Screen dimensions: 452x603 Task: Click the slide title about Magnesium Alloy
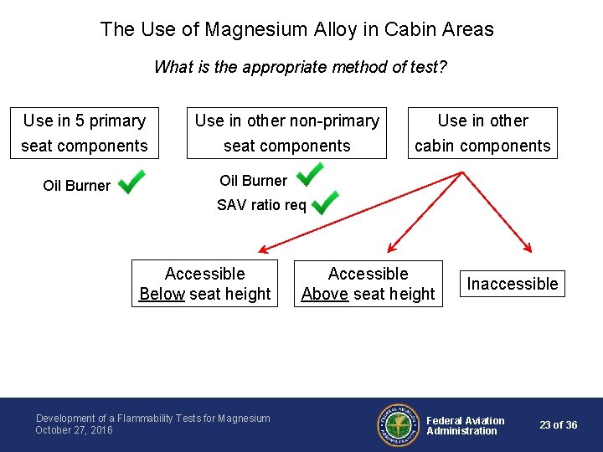[x=297, y=29]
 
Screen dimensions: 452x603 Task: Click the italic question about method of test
[x=301, y=67]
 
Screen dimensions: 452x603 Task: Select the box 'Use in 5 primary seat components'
[x=85, y=133]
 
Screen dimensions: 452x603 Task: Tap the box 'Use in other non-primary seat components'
[x=286, y=133]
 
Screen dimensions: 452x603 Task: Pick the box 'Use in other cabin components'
[x=483, y=133]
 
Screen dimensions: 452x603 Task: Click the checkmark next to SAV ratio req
[x=324, y=202]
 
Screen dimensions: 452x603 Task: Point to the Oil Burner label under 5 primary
[x=76, y=186]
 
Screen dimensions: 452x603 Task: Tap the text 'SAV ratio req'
[x=261, y=205]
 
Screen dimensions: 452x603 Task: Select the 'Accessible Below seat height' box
[x=204, y=284]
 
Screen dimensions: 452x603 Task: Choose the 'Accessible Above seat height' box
[x=368, y=284]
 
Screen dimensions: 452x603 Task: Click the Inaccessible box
[x=512, y=284]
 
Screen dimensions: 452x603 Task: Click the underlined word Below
[x=162, y=294]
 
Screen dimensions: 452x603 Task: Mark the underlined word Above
[x=324, y=294]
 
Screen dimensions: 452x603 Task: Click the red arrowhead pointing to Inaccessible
[x=528, y=247]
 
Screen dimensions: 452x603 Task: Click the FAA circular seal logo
[x=397, y=425]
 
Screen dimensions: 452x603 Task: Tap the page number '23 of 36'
[x=558, y=425]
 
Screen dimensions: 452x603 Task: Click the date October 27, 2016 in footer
[x=74, y=430]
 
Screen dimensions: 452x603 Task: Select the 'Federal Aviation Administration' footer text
[x=466, y=425]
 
